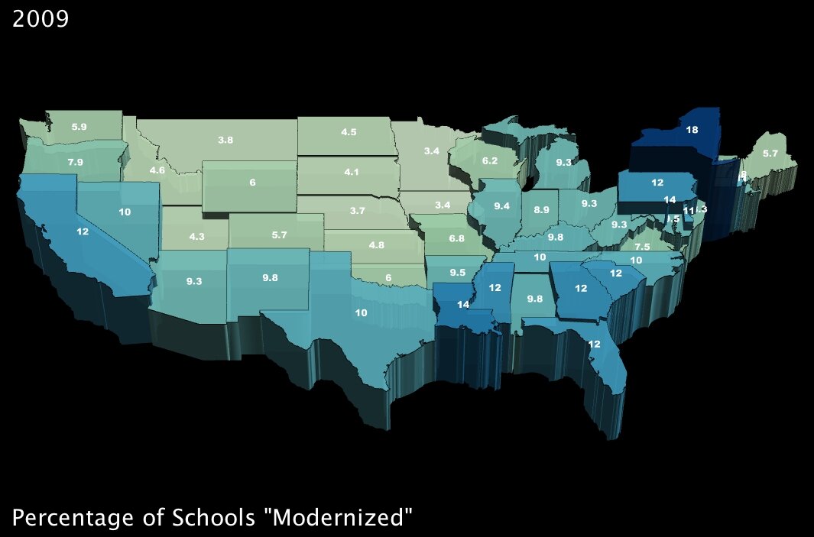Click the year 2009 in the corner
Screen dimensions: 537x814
click(x=41, y=18)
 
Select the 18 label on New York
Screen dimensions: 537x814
click(x=691, y=131)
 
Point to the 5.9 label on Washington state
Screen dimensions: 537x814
click(x=79, y=126)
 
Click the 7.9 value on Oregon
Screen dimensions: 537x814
click(x=75, y=162)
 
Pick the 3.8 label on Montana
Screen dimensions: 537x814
click(x=225, y=140)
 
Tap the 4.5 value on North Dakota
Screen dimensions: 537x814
click(x=349, y=132)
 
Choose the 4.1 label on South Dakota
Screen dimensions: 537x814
click(x=352, y=172)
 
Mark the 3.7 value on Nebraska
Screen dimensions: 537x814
click(x=358, y=209)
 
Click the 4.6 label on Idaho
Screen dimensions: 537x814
click(x=157, y=170)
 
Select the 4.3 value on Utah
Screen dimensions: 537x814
click(x=196, y=237)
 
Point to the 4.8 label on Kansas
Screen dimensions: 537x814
click(x=376, y=245)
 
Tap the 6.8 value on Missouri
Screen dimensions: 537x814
click(x=456, y=239)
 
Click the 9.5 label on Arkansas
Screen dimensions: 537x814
click(x=457, y=273)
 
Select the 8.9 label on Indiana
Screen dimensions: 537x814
click(x=541, y=209)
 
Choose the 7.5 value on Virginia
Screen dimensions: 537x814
click(x=642, y=247)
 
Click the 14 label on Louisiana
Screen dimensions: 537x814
click(x=462, y=304)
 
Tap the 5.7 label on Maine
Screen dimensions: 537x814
click(x=770, y=154)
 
